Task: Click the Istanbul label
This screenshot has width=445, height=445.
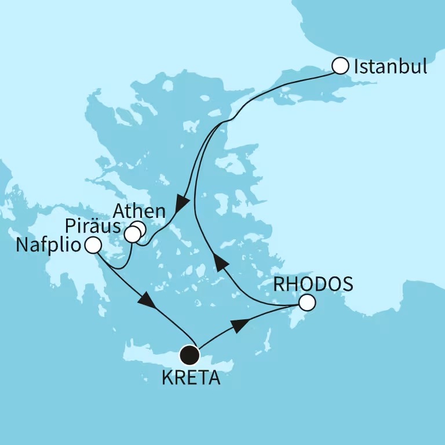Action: pos(390,67)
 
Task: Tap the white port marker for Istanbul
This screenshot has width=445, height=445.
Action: pos(340,66)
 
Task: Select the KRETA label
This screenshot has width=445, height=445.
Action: pos(192,380)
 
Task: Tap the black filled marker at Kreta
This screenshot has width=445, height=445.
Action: pos(189,354)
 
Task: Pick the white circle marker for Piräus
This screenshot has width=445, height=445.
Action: pos(133,235)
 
